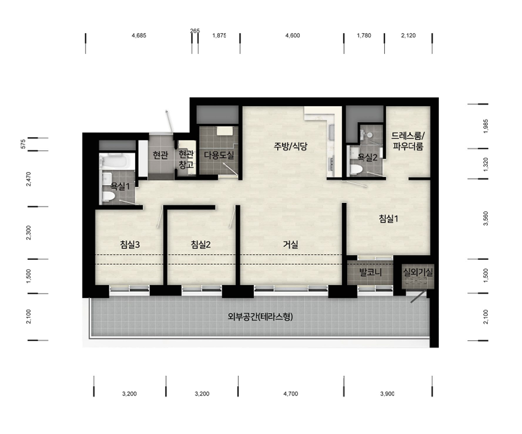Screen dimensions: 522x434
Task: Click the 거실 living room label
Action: (291, 245)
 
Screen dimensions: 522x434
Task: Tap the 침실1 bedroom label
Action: (389, 218)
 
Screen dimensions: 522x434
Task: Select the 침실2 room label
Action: (201, 245)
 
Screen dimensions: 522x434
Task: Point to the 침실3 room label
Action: (130, 245)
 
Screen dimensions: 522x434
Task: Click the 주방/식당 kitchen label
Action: (291, 146)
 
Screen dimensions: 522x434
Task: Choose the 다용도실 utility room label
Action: (219, 155)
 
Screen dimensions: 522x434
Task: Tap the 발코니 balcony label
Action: (370, 273)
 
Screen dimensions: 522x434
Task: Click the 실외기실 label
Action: (418, 272)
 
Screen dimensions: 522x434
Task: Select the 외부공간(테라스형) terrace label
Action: (260, 316)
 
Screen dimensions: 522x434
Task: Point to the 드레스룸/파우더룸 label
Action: (408, 141)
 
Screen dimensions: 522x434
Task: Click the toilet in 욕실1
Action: (108, 196)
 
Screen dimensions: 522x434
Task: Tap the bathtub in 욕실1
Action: (114, 161)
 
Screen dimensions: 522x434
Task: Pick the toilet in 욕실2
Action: (356, 169)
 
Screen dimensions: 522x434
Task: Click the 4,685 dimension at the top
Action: (139, 36)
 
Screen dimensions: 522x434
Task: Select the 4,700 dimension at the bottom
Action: (291, 394)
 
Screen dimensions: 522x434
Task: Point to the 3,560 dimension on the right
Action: (486, 218)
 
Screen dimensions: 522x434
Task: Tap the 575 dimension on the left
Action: (23, 144)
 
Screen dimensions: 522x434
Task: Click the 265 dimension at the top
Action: (195, 31)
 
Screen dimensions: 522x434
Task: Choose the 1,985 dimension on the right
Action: (486, 126)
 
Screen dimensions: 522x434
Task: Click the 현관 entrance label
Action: (160, 155)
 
